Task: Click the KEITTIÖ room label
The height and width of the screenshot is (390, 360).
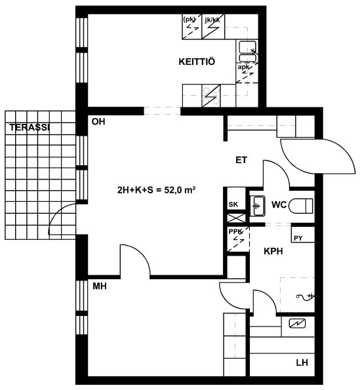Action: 197,62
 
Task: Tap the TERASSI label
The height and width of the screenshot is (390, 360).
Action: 30,127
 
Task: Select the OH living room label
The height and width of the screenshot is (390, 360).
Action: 98,122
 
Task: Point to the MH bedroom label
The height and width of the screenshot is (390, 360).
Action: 100,286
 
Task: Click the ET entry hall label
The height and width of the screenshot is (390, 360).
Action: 241,160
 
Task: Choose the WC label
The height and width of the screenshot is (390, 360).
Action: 279,205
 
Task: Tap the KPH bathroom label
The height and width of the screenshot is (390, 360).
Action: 273,251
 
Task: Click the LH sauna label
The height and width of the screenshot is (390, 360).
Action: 302,362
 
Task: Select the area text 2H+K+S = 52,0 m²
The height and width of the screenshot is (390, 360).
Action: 156,190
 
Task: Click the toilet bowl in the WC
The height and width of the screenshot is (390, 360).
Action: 301,206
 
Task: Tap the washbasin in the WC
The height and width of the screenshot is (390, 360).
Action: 257,206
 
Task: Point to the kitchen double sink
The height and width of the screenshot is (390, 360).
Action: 247,52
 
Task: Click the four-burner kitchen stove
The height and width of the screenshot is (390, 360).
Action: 211,96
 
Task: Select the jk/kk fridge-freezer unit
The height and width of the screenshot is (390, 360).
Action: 213,26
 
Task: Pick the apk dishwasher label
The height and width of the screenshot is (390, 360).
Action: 243,67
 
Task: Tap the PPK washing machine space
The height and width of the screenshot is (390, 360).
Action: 238,239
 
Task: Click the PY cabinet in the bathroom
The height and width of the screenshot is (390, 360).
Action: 303,234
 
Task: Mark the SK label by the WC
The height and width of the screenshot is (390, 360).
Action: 233,205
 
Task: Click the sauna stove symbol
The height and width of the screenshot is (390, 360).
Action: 297,323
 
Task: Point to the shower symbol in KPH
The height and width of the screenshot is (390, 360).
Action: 304,296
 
